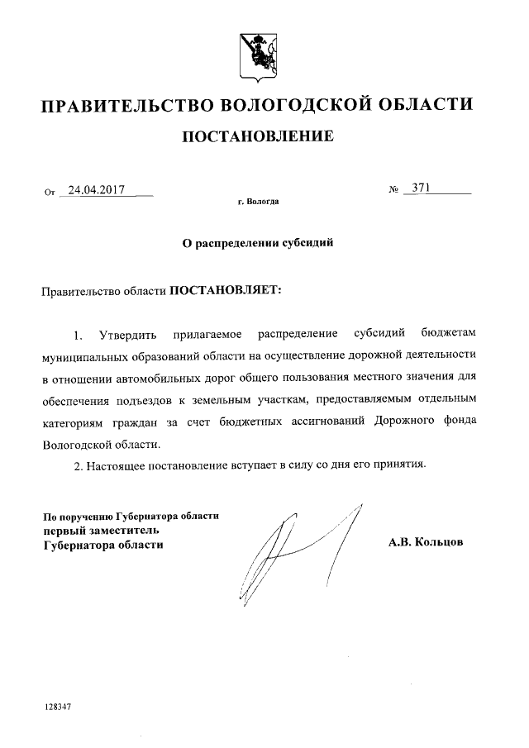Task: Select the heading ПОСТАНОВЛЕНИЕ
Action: click(258, 136)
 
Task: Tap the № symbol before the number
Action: click(393, 190)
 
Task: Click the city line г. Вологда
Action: click(258, 202)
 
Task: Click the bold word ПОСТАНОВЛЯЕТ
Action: click(225, 290)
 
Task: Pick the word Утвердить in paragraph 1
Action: click(125, 335)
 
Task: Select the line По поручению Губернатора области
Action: click(131, 516)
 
